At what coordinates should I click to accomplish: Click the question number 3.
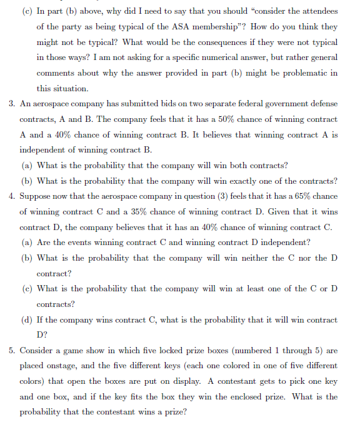click(x=13, y=103)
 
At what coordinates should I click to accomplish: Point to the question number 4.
click(x=13, y=196)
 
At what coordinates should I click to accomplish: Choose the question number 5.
click(x=13, y=351)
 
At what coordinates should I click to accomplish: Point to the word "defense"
click(x=321, y=103)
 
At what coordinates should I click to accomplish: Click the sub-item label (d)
click(x=27, y=320)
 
